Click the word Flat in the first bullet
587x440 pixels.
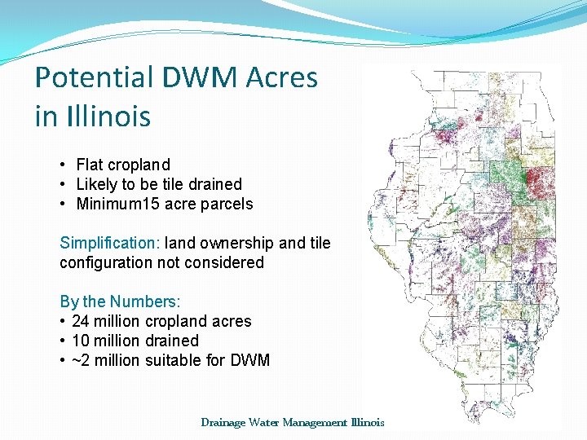click(x=90, y=165)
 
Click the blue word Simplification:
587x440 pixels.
click(x=110, y=243)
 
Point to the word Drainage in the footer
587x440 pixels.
click(x=223, y=422)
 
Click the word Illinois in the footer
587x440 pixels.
click(x=367, y=422)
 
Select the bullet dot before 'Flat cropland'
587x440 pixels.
click(x=64, y=165)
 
